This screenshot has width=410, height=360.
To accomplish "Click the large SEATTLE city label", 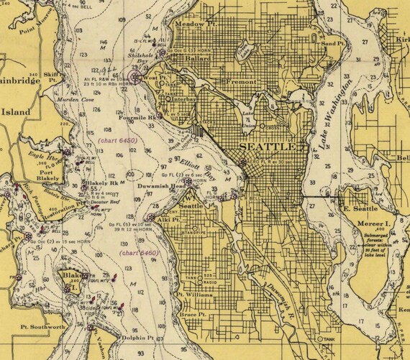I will click(x=267, y=147).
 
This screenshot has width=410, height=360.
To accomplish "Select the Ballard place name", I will click(x=196, y=58).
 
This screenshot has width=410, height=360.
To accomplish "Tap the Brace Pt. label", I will click(x=192, y=315).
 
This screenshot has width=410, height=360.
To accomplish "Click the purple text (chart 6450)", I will click(x=117, y=141).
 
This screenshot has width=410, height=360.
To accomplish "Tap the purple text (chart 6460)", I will click(x=139, y=253).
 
